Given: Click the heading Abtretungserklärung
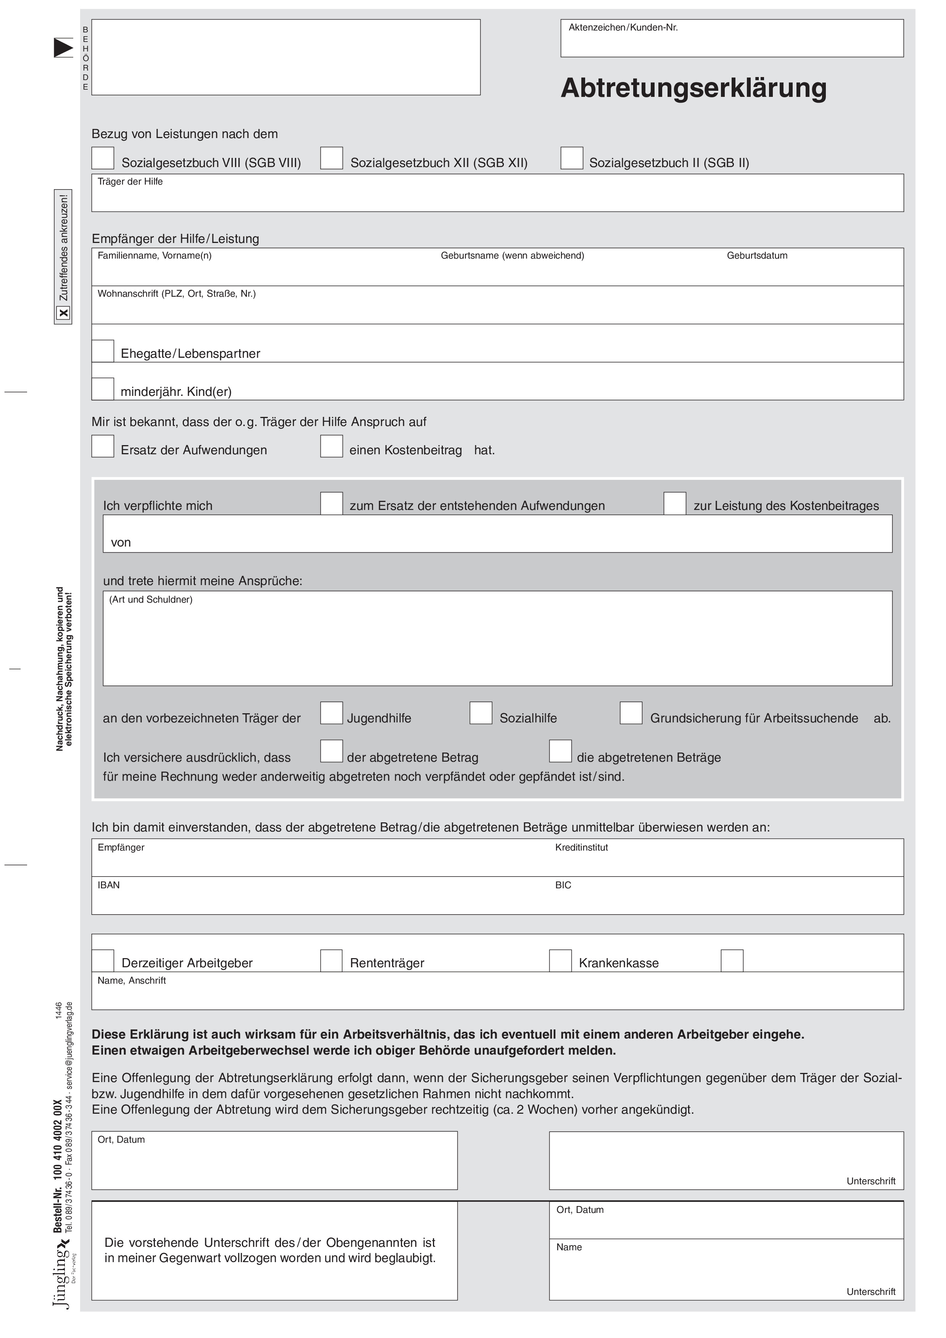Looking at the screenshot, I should point(693,88).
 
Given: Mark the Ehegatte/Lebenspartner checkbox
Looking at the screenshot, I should point(103,351).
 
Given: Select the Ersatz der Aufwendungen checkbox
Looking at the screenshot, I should point(103,446).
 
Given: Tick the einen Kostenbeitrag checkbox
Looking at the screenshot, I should point(331,446).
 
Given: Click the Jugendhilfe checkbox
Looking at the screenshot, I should point(331,713).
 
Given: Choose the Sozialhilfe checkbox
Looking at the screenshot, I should point(481,713).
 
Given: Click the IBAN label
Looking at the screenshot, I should point(108,885).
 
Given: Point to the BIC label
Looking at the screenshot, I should point(563,885).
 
